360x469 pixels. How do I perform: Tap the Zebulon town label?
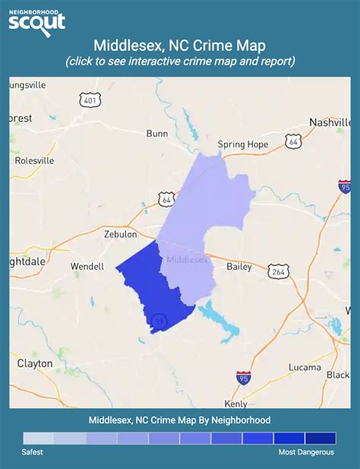click(120, 234)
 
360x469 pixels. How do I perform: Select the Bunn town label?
click(157, 134)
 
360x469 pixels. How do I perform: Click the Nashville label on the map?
click(330, 122)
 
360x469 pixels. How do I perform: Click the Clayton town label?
click(35, 364)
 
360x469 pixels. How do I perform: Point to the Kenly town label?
click(236, 403)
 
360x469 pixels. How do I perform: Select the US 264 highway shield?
click(277, 270)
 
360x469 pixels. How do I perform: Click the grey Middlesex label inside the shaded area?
click(187, 260)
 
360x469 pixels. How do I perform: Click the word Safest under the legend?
click(32, 452)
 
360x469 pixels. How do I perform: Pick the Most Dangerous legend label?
click(305, 452)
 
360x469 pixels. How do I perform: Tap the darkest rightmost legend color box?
click(320, 438)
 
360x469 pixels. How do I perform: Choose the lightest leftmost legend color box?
click(39, 438)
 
